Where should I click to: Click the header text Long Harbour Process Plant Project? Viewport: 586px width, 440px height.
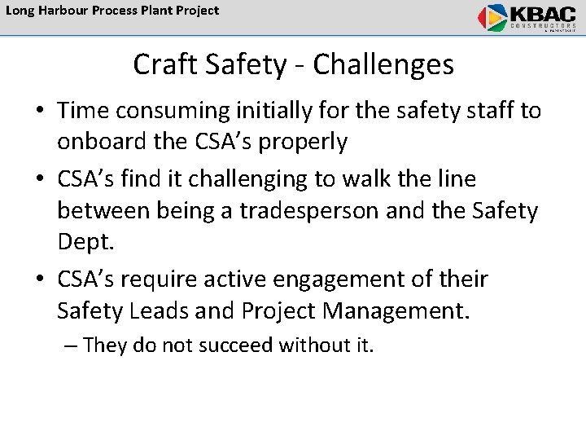tap(112, 11)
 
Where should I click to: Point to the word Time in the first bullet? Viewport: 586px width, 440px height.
tap(85, 111)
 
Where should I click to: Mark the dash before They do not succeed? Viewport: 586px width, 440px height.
tap(71, 345)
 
